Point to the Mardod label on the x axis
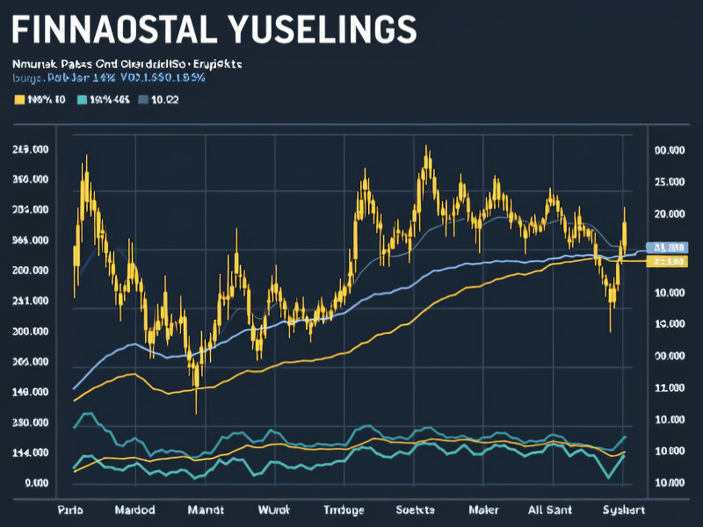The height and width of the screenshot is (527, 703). pyautogui.click(x=135, y=509)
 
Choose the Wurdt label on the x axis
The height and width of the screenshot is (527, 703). pyautogui.click(x=275, y=509)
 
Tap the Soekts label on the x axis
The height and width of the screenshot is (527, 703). pyautogui.click(x=415, y=509)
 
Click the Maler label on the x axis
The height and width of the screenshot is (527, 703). pyautogui.click(x=483, y=509)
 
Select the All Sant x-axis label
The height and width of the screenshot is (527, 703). pyautogui.click(x=550, y=509)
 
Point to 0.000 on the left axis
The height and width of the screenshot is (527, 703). pyautogui.click(x=36, y=484)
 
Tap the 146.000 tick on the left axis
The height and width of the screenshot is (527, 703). pyautogui.click(x=31, y=393)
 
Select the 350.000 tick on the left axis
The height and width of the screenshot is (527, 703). pyautogui.click(x=31, y=180)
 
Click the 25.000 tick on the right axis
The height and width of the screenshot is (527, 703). pyautogui.click(x=670, y=182)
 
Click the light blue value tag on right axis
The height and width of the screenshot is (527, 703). pyautogui.click(x=666, y=248)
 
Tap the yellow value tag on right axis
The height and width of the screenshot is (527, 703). pyautogui.click(x=666, y=262)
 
